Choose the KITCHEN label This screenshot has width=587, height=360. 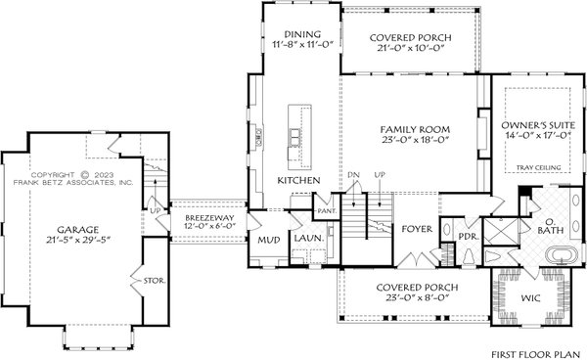[x=299, y=182]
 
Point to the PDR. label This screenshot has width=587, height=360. [x=467, y=236]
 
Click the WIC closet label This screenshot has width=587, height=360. [x=532, y=294]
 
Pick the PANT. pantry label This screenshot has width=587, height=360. [x=325, y=209]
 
